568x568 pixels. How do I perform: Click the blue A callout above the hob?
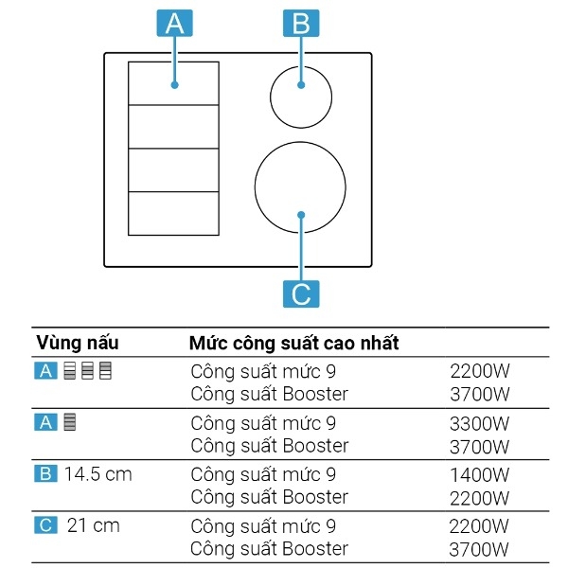(x=174, y=23)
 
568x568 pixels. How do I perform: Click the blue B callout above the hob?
(x=301, y=23)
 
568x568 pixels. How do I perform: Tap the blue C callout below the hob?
(x=301, y=293)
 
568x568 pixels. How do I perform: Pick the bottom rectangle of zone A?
(x=173, y=213)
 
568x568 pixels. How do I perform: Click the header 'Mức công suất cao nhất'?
(x=293, y=342)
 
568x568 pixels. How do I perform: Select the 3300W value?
(x=480, y=423)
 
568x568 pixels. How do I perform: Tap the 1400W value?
(x=480, y=475)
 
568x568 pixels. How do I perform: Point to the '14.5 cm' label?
(x=98, y=474)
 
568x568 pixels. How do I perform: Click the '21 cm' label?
(x=94, y=525)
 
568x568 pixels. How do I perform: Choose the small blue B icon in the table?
(x=46, y=474)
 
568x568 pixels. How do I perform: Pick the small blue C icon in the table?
(x=46, y=525)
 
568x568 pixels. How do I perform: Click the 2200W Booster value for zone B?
(x=480, y=498)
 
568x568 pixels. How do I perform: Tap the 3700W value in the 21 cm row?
(x=480, y=549)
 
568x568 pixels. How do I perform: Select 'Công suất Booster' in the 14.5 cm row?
(x=270, y=498)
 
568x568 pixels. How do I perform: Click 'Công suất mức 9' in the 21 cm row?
(x=263, y=526)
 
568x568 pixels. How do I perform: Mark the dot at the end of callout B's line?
(x=301, y=85)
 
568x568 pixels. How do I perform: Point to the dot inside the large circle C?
(x=301, y=215)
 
